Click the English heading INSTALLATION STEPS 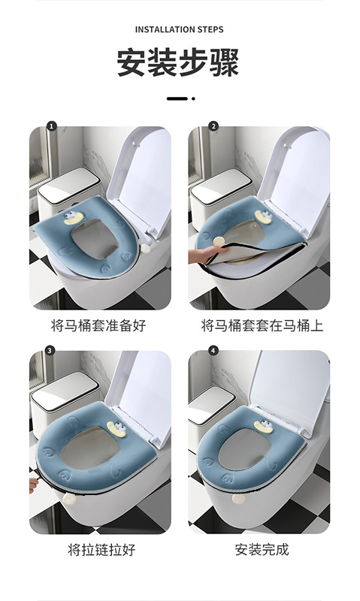pos(179,29)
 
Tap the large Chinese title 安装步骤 pos(178,62)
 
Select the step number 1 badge pos(51,126)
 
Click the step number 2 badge pos(213,126)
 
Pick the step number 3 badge pos(50,350)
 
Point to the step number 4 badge pos(213,350)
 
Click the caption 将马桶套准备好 pos(98,325)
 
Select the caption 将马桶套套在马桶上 pos(262,325)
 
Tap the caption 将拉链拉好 pos(101,550)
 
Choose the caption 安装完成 pos(262,550)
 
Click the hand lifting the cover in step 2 pos(201,255)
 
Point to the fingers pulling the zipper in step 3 pos(34,485)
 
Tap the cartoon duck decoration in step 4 pos(264,426)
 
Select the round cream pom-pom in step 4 pos(238,499)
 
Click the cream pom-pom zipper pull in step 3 pos(69,499)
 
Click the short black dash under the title pos(177,98)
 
